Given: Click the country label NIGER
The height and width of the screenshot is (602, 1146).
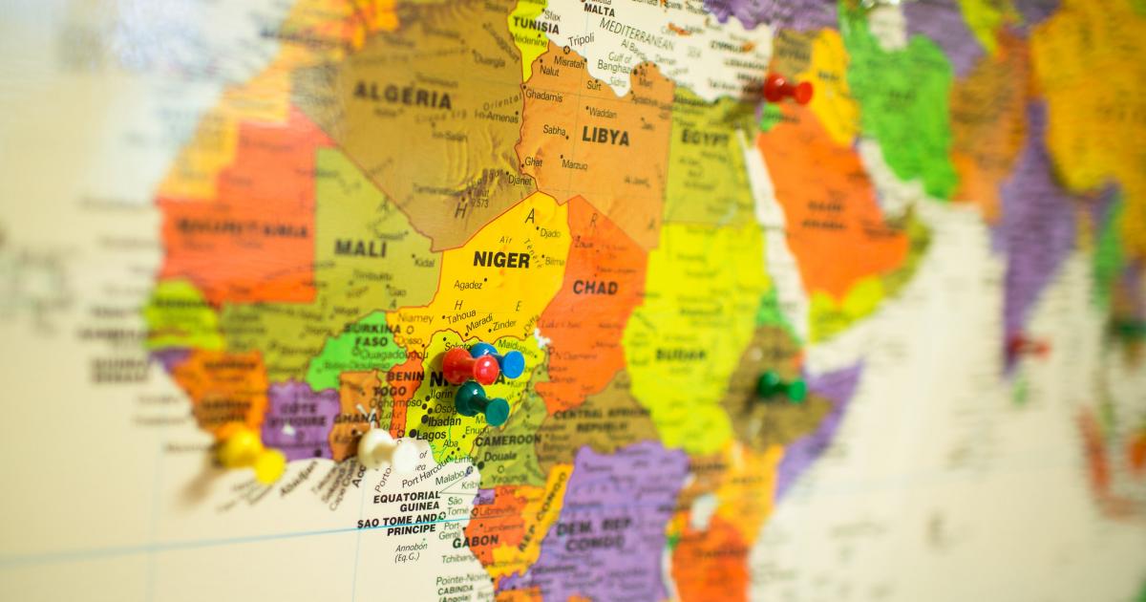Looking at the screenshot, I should pyautogui.click(x=500, y=259).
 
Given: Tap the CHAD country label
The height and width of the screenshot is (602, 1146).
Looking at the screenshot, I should pyautogui.click(x=594, y=288).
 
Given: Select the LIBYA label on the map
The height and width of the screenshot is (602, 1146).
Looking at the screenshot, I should pyautogui.click(x=605, y=136).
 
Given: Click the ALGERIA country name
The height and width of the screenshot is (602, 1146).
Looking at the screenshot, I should pyautogui.click(x=402, y=96).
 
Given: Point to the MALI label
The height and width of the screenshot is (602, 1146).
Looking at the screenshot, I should pyautogui.click(x=360, y=247).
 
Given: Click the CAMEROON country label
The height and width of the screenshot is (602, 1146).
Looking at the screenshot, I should pyautogui.click(x=509, y=441).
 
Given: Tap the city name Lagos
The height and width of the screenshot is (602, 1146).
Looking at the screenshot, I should pyautogui.click(x=431, y=435).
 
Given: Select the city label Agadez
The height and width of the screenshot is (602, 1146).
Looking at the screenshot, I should pyautogui.click(x=468, y=285).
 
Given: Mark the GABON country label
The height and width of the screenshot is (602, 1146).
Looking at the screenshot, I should pyautogui.click(x=475, y=541).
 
